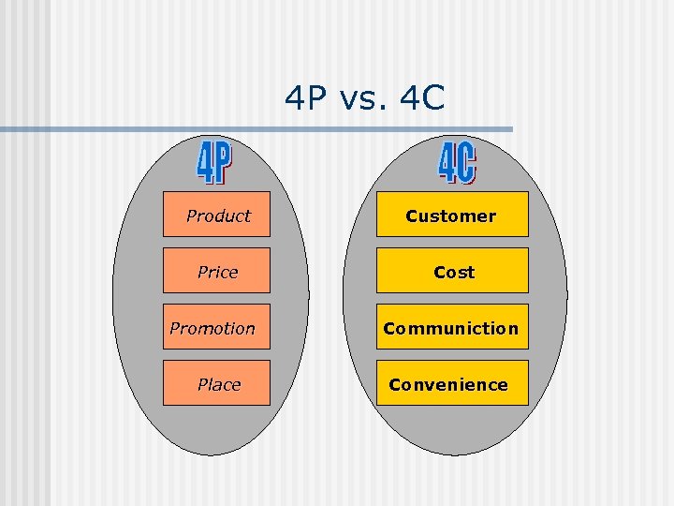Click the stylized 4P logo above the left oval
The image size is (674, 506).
(x=214, y=163)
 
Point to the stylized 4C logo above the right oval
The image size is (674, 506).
(x=457, y=162)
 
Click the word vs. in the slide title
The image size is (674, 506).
(x=363, y=97)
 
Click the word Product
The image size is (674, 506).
(x=218, y=216)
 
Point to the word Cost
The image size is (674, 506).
(x=454, y=273)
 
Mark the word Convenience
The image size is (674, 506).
(x=448, y=385)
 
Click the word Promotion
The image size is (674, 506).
(x=212, y=329)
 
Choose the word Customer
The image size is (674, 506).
(x=450, y=216)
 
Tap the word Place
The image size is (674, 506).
(x=219, y=385)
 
